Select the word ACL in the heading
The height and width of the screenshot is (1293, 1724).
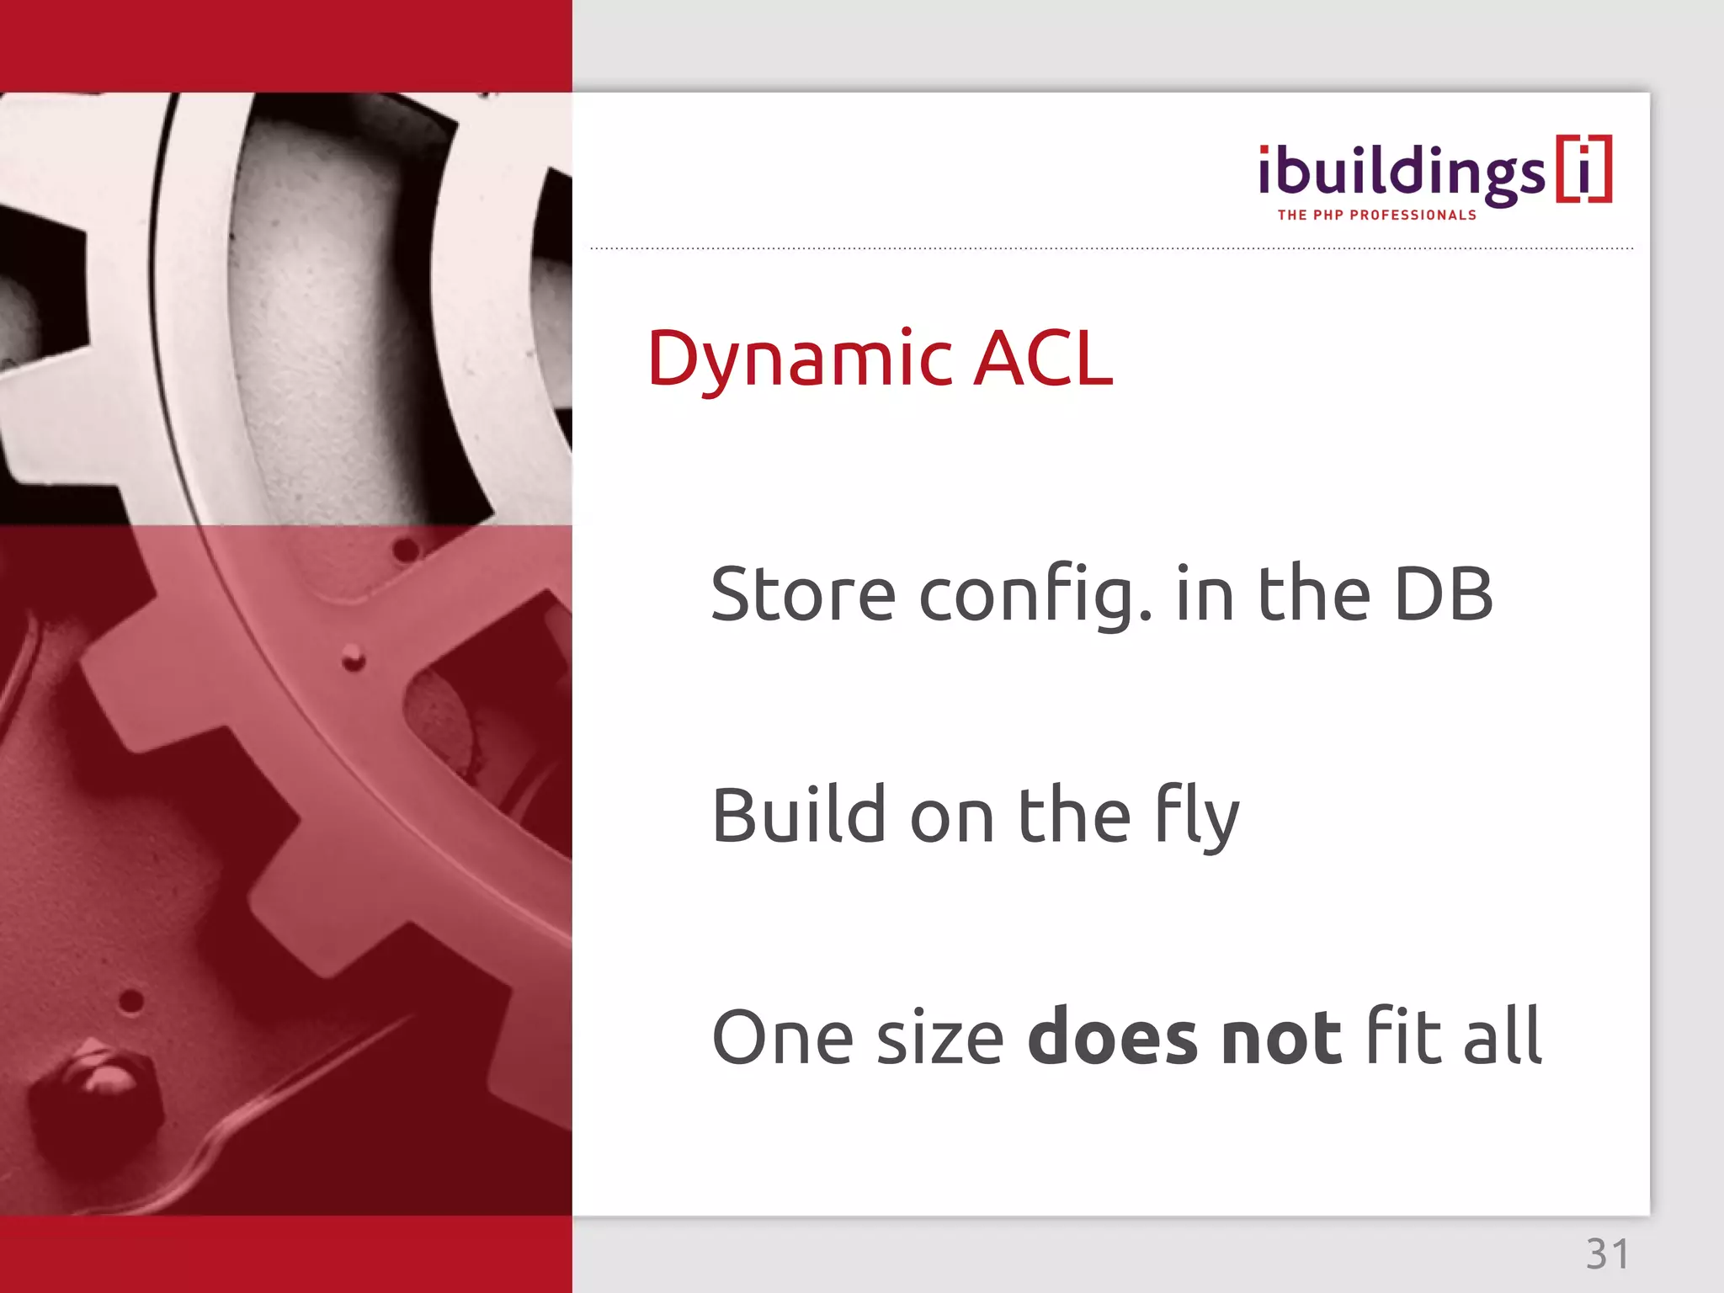(1043, 359)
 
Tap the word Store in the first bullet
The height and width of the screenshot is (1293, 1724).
(803, 594)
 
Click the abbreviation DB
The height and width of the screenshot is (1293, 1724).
(1443, 594)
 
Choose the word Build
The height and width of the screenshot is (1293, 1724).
(799, 815)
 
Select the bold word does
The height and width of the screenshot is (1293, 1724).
(1112, 1036)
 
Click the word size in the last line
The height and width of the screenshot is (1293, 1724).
(940, 1038)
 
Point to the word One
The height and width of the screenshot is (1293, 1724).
(782, 1038)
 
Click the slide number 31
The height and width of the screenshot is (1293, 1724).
(1607, 1254)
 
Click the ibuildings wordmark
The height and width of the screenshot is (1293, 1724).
(1401, 173)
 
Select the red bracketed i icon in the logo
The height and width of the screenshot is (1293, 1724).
(1583, 168)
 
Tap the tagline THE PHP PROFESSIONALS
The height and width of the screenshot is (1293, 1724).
(1376, 215)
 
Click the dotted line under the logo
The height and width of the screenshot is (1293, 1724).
(1111, 248)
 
